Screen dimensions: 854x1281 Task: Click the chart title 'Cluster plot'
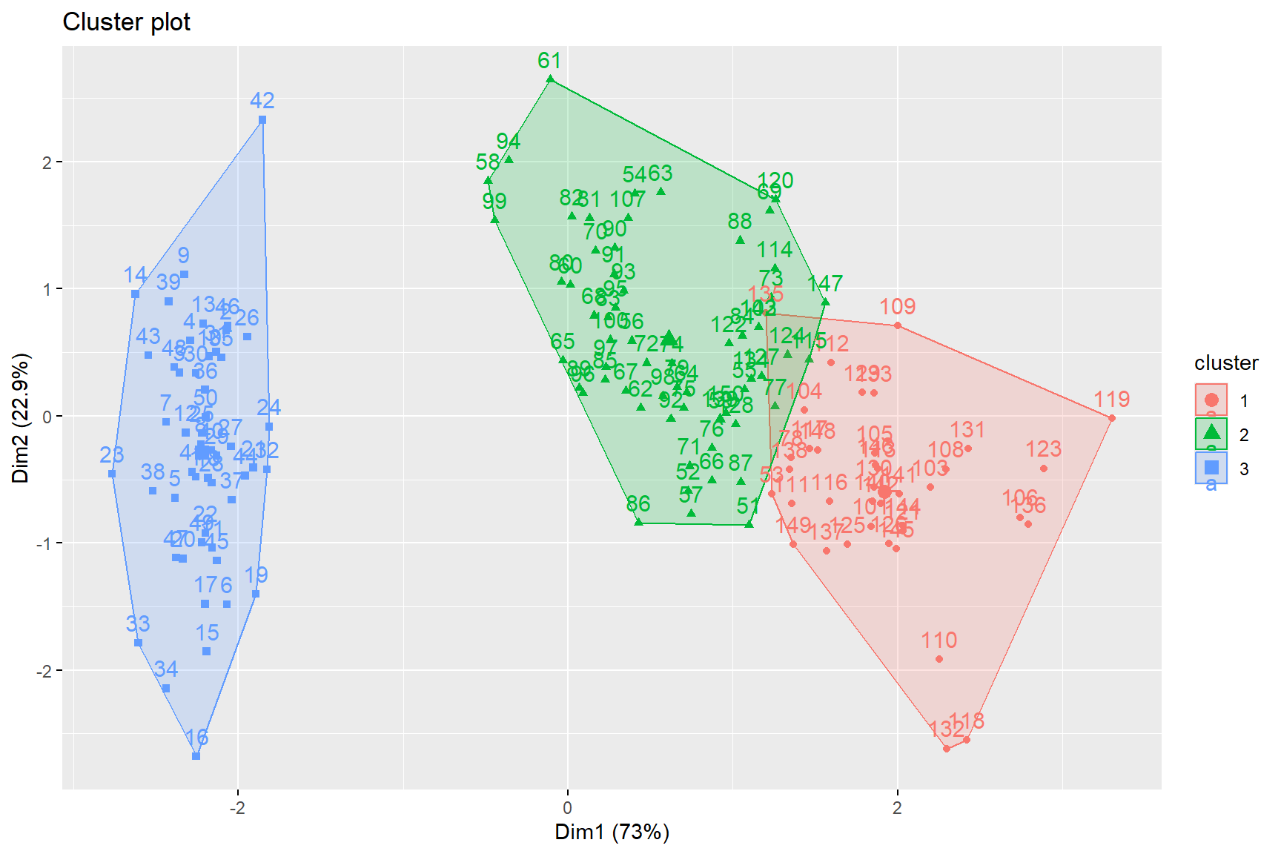[x=126, y=22]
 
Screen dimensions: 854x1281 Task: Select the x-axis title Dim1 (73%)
[x=612, y=832]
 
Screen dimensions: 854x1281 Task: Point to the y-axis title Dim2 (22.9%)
[x=21, y=418]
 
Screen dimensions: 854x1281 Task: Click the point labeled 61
[x=550, y=79]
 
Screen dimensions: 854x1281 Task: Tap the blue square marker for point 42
[x=262, y=119]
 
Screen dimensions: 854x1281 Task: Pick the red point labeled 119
[x=1111, y=419]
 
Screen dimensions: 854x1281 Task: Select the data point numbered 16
[x=196, y=756]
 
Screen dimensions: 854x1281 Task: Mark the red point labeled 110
[x=939, y=659]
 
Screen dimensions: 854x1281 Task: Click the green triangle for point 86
[x=638, y=522]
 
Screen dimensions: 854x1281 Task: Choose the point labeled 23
[x=112, y=474]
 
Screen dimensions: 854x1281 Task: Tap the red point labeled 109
[x=898, y=325]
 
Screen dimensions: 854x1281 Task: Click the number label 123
[x=1043, y=449]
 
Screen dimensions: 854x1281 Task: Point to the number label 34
[x=166, y=669]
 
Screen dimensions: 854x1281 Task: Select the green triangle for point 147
[x=825, y=302]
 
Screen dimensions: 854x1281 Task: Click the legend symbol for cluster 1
[x=1211, y=400]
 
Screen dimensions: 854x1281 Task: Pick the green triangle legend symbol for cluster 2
[x=1211, y=434]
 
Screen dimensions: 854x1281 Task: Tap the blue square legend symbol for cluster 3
[x=1211, y=468]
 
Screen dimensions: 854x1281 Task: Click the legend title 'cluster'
[x=1226, y=363]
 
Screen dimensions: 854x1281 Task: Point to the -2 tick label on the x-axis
[x=237, y=808]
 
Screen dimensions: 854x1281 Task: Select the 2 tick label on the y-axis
[x=47, y=162]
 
